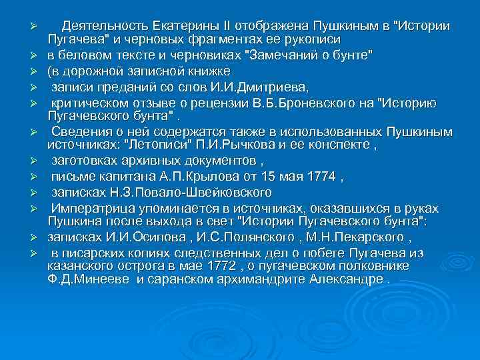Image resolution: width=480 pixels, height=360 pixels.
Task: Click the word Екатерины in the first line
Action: [189, 26]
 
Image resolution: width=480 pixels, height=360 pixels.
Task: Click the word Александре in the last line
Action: [347, 279]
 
